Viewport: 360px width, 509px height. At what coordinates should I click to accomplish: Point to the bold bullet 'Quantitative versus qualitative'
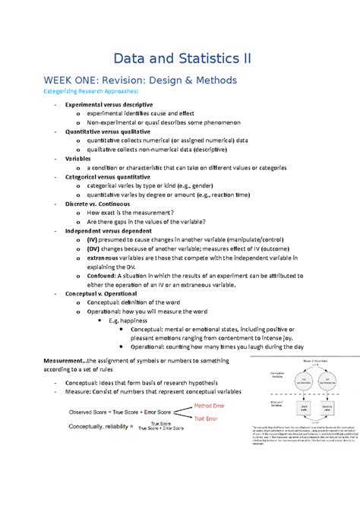click(x=109, y=131)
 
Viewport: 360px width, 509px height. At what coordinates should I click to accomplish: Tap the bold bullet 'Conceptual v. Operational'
click(x=101, y=292)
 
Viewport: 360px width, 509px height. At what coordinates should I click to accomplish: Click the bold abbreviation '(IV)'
click(x=93, y=239)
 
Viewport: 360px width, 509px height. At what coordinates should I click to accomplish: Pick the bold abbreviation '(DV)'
click(x=93, y=248)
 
